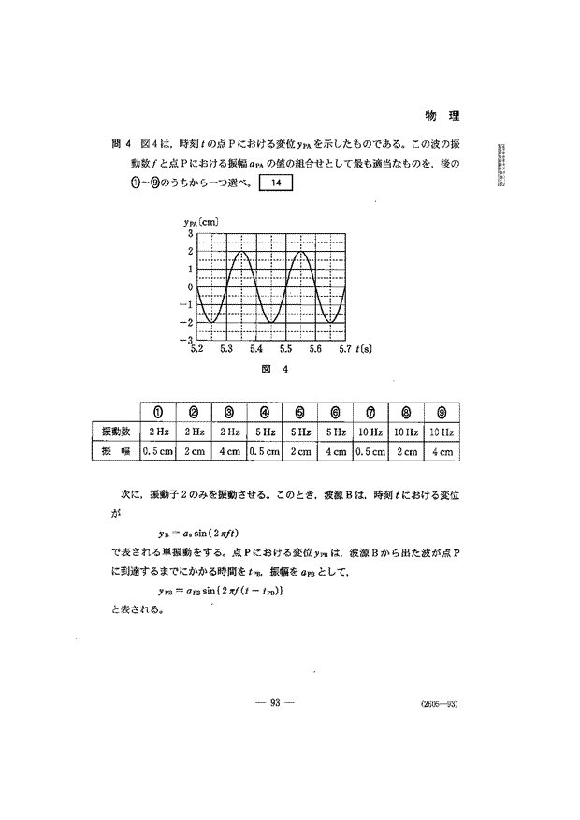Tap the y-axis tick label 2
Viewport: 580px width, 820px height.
[190, 252]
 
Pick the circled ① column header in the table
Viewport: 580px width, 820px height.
[159, 412]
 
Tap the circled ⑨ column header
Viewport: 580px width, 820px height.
[441, 412]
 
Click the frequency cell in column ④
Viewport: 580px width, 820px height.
[265, 432]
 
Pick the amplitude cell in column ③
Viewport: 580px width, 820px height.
[229, 451]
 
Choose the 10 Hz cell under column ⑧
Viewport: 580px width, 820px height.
[405, 432]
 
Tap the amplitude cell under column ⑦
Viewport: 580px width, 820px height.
[370, 451]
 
